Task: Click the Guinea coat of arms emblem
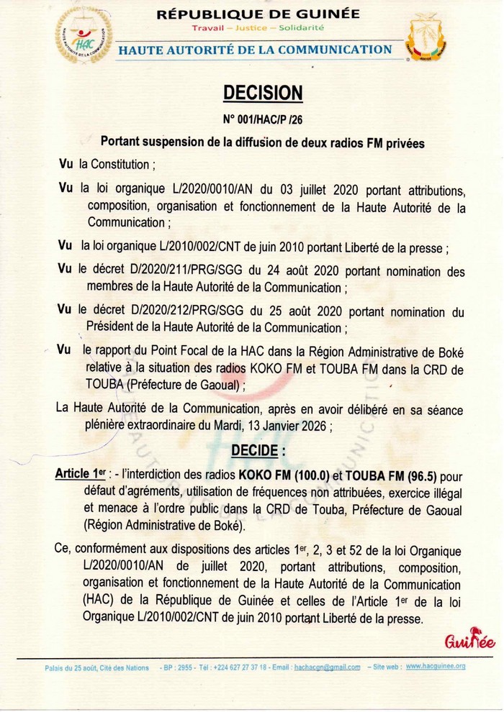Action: [x=426, y=42]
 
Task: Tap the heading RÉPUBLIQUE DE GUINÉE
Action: [x=258, y=14]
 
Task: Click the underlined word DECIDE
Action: [x=257, y=451]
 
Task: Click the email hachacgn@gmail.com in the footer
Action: [x=328, y=667]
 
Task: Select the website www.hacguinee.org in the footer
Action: [x=436, y=667]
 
